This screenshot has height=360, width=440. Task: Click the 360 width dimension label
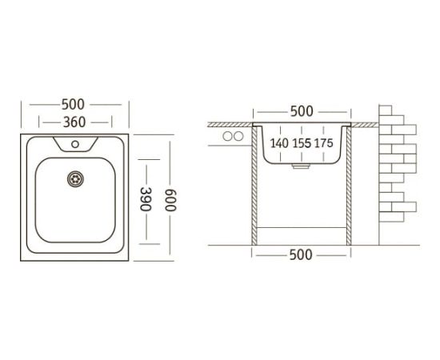(x=74, y=122)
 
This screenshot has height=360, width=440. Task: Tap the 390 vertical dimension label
(x=146, y=199)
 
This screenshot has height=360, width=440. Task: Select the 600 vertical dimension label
(x=170, y=200)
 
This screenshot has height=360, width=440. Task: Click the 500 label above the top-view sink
(x=73, y=104)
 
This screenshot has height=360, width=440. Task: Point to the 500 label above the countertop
(x=302, y=111)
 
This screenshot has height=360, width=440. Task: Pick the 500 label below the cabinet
(x=301, y=255)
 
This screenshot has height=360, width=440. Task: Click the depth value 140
(x=279, y=143)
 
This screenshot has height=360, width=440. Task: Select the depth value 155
(x=302, y=143)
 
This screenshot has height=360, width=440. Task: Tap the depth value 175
(x=323, y=143)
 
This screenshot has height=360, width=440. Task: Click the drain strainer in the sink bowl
(x=75, y=178)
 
